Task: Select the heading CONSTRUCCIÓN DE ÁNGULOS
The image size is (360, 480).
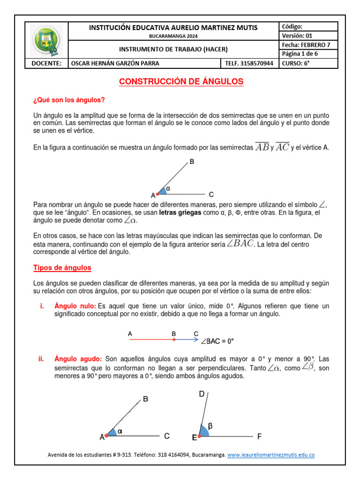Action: [x=181, y=82]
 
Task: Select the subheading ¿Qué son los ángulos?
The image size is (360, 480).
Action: [x=69, y=100]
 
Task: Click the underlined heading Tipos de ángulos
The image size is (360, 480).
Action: [x=62, y=268]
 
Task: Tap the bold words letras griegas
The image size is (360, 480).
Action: [x=180, y=213]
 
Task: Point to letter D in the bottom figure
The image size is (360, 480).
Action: [x=202, y=394]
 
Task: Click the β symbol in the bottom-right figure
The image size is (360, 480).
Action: [x=210, y=426]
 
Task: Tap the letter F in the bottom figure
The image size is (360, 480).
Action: [x=260, y=436]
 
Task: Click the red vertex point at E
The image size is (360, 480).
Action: [x=200, y=436]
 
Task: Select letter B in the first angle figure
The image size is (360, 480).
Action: [x=191, y=162]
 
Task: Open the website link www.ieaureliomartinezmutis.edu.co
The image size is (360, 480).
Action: [x=270, y=455]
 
